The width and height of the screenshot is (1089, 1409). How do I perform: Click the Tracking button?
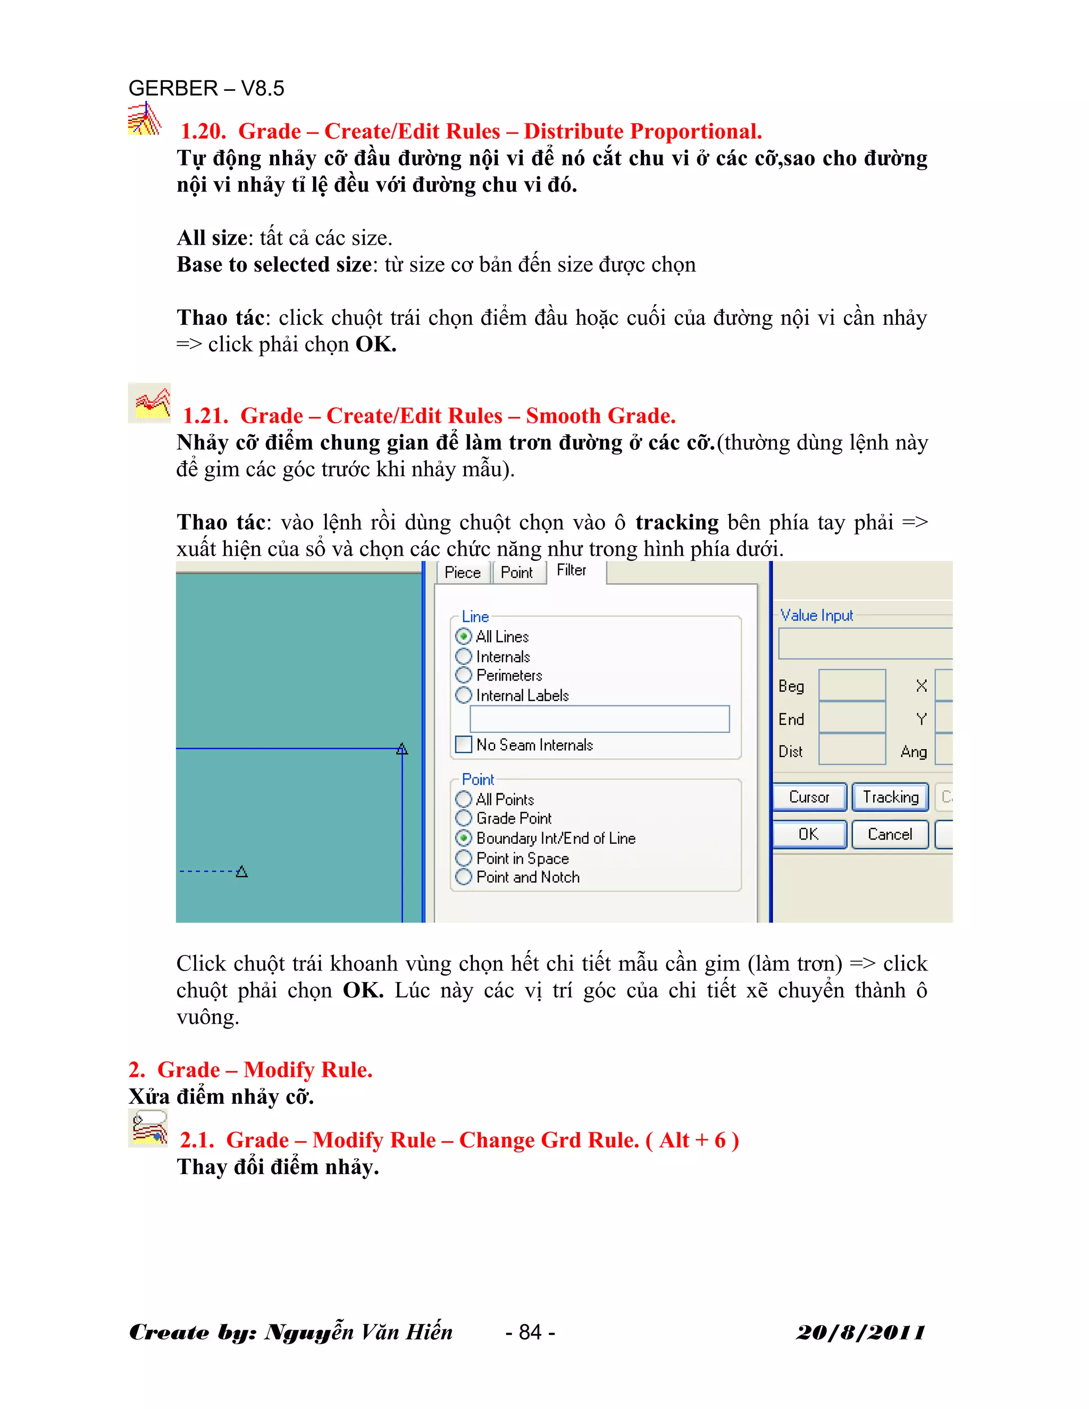pos(890,798)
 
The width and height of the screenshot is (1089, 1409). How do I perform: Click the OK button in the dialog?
pos(809,834)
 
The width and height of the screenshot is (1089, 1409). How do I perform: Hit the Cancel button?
pos(890,834)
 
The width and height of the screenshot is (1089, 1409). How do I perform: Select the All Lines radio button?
pos(464,637)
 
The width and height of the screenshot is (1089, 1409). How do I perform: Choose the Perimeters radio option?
pos(464,675)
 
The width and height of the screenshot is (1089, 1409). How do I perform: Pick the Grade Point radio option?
pos(464,819)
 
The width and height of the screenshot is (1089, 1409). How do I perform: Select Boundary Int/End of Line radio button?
pos(464,838)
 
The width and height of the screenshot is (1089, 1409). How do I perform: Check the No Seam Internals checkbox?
pos(464,745)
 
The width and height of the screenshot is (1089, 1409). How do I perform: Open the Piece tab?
pos(463,573)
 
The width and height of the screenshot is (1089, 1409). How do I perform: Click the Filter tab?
pos(572,571)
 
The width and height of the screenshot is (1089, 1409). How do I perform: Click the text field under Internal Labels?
pos(599,719)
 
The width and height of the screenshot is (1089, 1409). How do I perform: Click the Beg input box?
pos(852,685)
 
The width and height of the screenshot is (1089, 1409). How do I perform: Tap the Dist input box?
pos(852,750)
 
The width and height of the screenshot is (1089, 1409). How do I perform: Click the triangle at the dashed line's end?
pos(242,872)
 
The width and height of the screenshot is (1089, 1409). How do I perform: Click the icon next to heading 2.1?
pos(148,1129)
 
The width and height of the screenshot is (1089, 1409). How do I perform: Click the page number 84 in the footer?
pos(530,1332)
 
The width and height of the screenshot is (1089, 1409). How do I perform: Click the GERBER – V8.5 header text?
pos(206,88)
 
